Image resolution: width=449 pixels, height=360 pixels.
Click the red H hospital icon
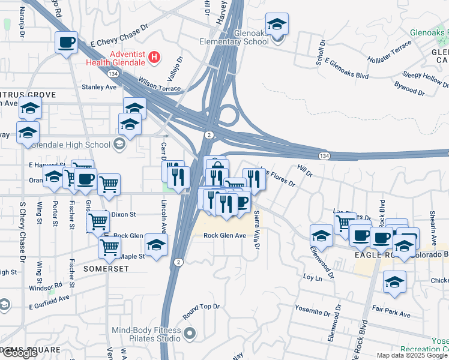[155, 58]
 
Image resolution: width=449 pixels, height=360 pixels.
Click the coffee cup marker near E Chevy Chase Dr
[66, 43]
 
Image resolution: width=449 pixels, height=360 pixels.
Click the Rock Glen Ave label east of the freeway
[225, 236]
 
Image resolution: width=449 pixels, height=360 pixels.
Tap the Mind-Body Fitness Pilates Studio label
[147, 335]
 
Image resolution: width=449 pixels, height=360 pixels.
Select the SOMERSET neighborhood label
[106, 268]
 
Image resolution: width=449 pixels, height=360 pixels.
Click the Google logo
[20, 353]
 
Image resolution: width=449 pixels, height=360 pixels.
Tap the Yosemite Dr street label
[313, 310]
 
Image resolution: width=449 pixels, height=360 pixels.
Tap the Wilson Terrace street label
[159, 83]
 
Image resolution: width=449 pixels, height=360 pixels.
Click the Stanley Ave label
[99, 87]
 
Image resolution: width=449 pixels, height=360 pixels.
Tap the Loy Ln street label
[309, 278]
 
